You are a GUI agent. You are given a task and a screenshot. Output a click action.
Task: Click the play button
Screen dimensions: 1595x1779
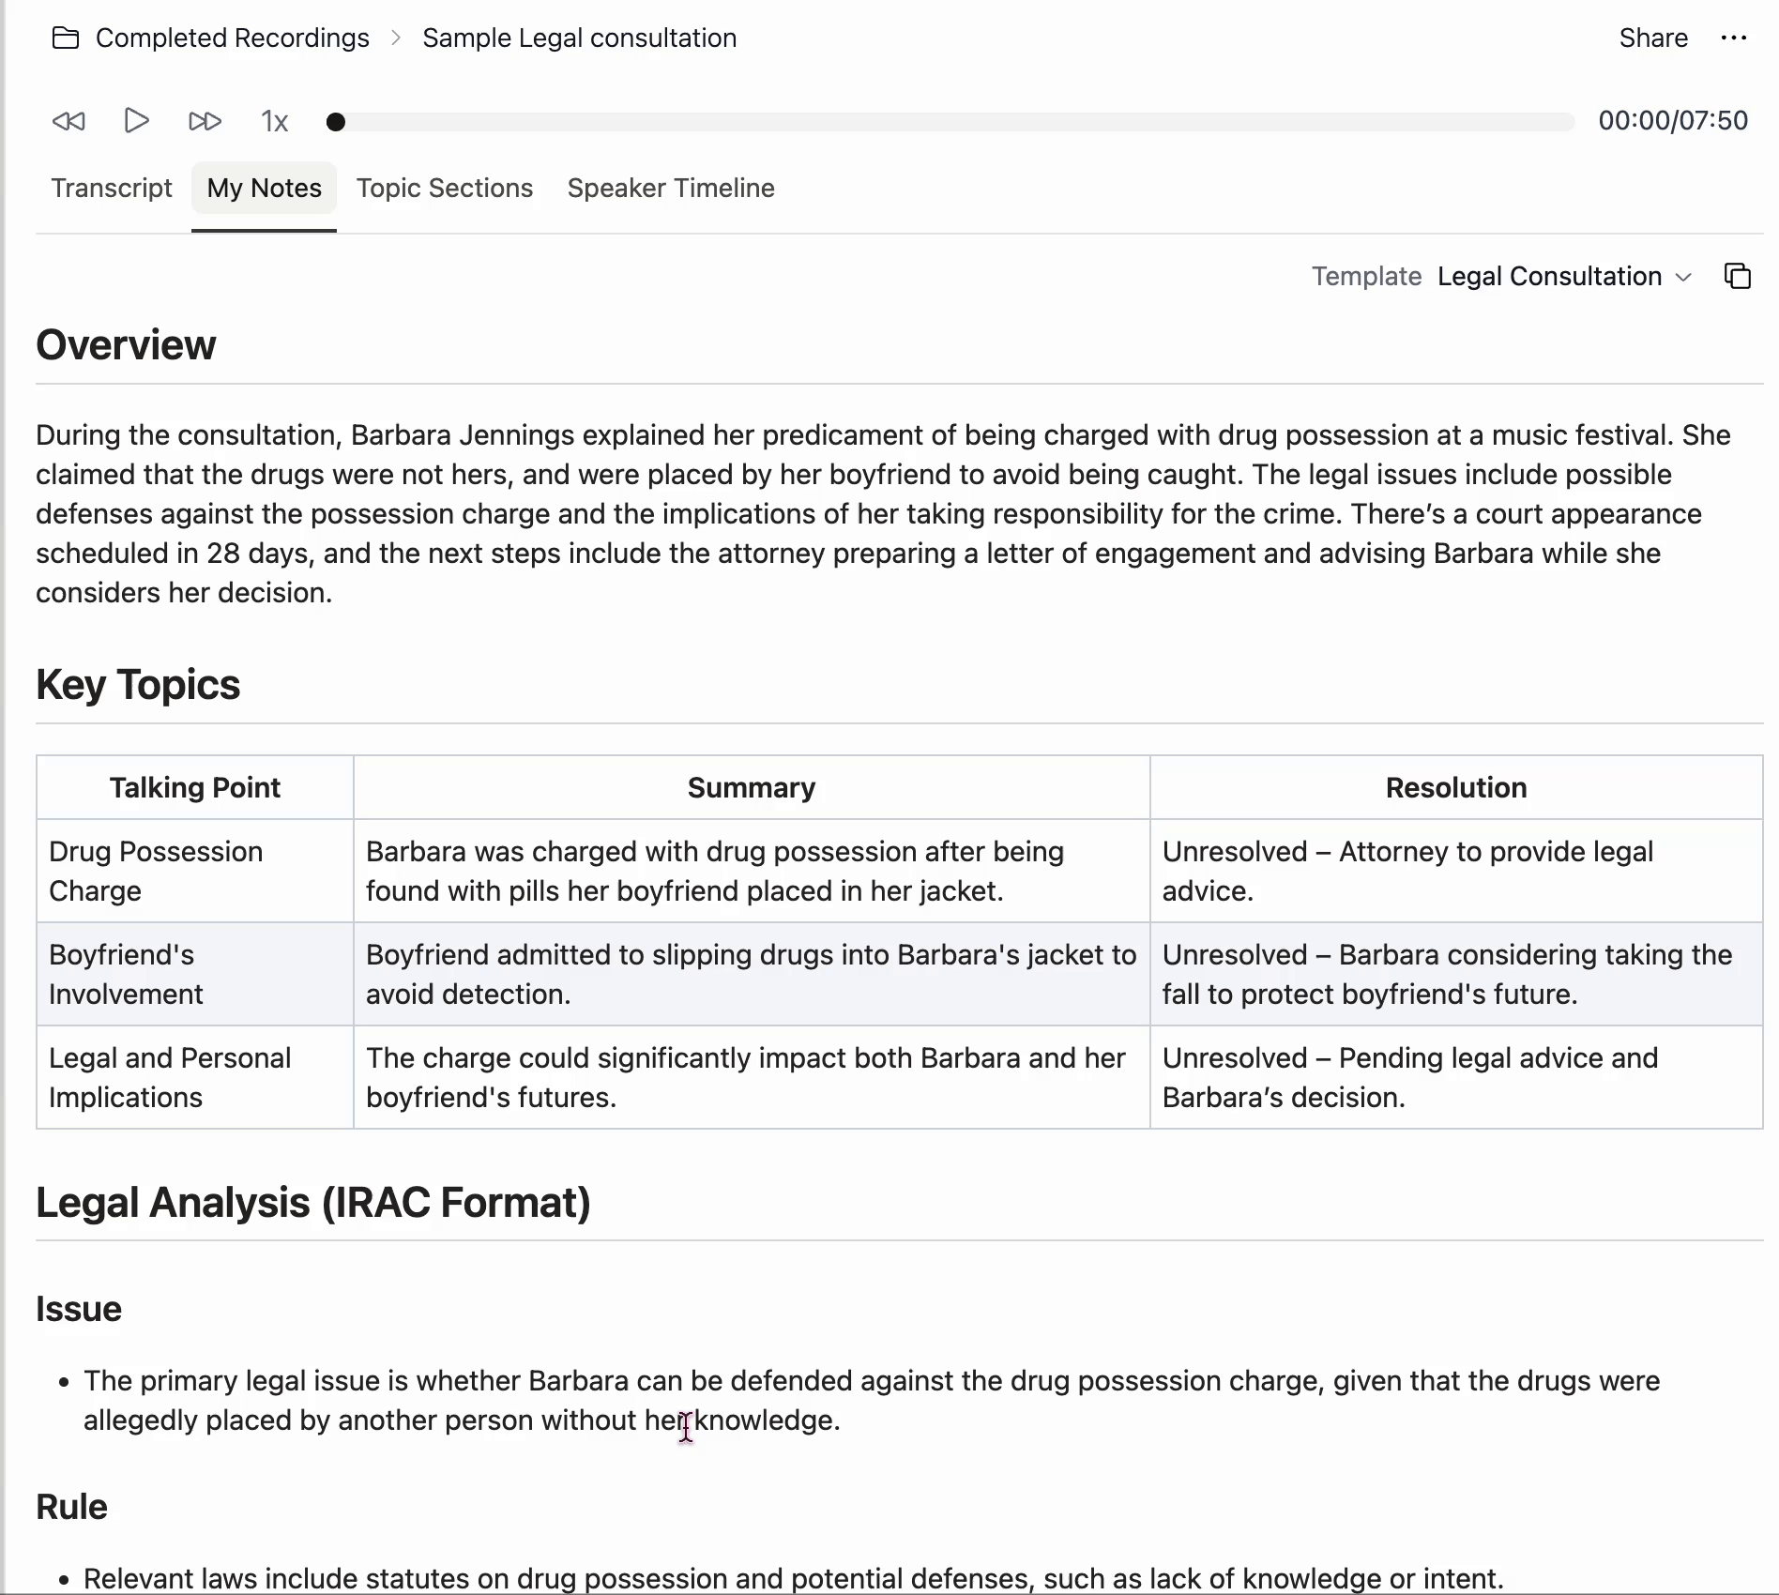tap(137, 121)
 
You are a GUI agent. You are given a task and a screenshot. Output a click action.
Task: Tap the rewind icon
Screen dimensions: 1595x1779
tap(68, 121)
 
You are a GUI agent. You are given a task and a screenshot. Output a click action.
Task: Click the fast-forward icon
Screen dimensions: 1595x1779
tap(205, 121)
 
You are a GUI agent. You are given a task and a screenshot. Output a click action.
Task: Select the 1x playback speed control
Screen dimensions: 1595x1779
tap(274, 122)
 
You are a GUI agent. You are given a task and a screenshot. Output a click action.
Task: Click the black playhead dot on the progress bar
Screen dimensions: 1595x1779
tap(336, 122)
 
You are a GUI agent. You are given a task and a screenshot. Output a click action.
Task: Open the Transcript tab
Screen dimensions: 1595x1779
tap(112, 188)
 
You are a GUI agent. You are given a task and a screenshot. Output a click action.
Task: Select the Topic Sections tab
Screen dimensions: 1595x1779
tap(445, 188)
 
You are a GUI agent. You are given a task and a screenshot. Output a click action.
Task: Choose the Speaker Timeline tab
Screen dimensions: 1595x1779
tap(671, 188)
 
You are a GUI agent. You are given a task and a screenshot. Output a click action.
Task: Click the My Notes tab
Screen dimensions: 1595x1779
tap(264, 188)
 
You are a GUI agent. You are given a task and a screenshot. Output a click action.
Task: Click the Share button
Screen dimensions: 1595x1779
tap(1653, 38)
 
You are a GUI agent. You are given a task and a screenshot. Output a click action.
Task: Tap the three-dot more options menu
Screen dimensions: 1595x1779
tap(1734, 38)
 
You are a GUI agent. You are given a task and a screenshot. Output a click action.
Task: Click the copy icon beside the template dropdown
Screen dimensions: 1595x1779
tap(1738, 276)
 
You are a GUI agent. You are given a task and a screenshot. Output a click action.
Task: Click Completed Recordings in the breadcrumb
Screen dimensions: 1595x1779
tap(233, 38)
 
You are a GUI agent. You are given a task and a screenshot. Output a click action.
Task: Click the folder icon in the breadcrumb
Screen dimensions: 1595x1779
tap(66, 38)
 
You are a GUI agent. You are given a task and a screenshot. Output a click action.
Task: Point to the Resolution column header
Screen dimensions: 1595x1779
tap(1456, 787)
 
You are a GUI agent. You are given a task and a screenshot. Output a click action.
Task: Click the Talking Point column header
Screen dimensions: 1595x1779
tap(195, 787)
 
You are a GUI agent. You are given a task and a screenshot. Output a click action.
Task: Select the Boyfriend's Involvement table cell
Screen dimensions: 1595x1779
tap(126, 974)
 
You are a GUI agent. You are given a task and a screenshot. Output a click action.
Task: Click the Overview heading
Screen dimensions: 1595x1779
tap(126, 345)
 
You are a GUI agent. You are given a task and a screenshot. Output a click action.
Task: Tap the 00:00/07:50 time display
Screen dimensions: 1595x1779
tap(1673, 120)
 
